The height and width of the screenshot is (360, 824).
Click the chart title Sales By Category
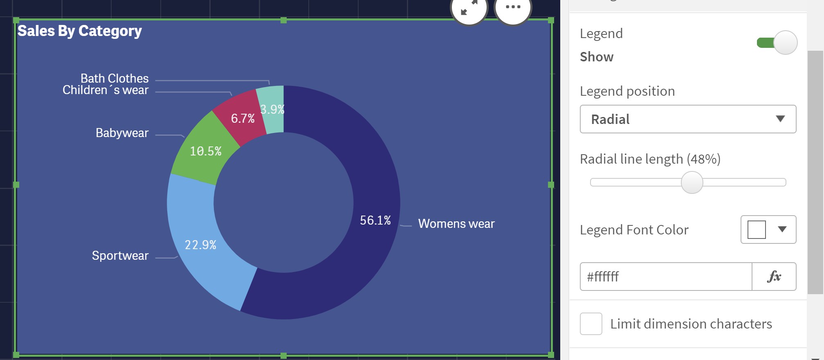(x=80, y=31)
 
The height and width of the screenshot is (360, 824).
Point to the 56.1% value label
(x=375, y=220)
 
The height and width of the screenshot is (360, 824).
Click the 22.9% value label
(x=200, y=245)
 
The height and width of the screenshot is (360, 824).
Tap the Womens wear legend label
(x=456, y=224)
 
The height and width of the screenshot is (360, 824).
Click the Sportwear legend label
(x=120, y=256)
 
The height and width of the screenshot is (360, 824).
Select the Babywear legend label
(x=122, y=133)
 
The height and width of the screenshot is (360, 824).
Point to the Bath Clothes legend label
(x=115, y=78)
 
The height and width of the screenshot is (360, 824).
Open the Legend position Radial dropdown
(x=688, y=119)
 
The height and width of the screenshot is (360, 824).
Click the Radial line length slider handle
(x=692, y=182)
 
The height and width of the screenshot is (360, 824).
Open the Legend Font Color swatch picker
(x=768, y=229)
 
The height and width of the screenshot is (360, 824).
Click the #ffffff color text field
(x=666, y=277)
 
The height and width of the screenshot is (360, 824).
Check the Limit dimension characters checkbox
(x=591, y=324)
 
